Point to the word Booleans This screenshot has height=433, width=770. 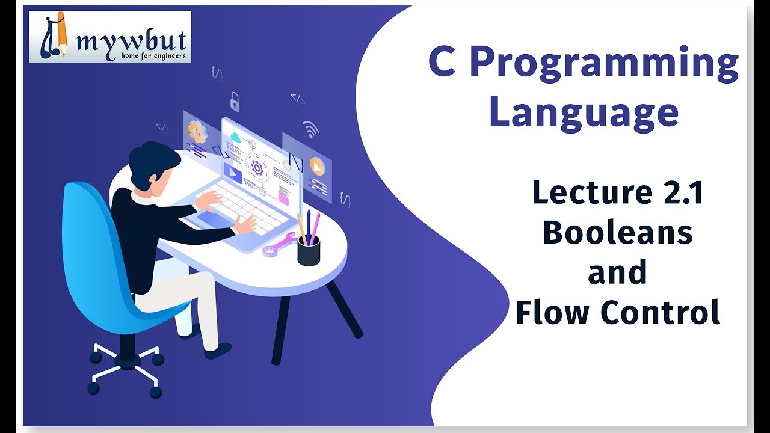click(x=617, y=233)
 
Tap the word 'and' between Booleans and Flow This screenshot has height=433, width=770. click(x=617, y=272)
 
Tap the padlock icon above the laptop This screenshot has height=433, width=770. click(x=235, y=102)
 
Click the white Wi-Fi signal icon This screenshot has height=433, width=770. click(x=310, y=129)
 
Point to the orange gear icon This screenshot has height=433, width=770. click(x=197, y=131)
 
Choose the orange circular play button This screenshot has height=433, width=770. click(x=317, y=166)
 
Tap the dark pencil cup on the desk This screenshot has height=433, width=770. click(x=309, y=250)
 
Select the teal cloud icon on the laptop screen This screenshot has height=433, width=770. click(x=235, y=138)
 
